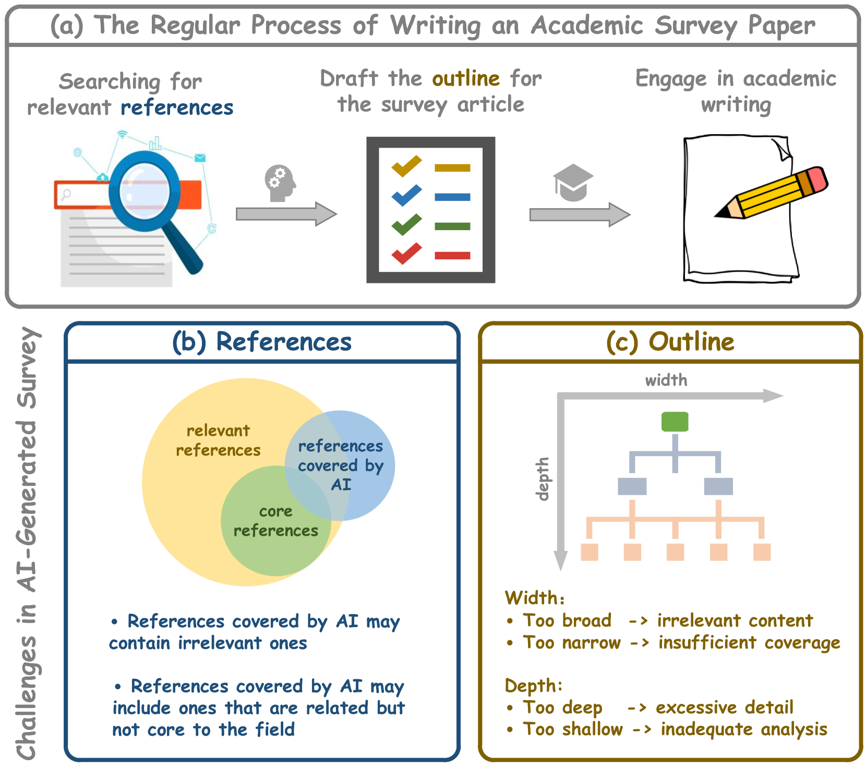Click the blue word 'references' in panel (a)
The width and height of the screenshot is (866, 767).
pyautogui.click(x=177, y=108)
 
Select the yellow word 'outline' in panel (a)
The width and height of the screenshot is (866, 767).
pyautogui.click(x=466, y=79)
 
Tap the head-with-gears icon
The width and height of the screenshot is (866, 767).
pyautogui.click(x=280, y=183)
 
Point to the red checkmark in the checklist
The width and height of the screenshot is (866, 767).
pyautogui.click(x=406, y=254)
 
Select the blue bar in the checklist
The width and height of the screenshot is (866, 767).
pyautogui.click(x=452, y=197)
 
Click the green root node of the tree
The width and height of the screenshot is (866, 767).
pyautogui.click(x=675, y=422)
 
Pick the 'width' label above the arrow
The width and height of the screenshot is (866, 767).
pyautogui.click(x=666, y=380)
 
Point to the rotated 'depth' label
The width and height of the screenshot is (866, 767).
pyautogui.click(x=543, y=478)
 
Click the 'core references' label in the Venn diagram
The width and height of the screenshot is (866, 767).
pyautogui.click(x=275, y=521)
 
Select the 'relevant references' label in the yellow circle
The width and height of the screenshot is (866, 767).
pyautogui.click(x=218, y=440)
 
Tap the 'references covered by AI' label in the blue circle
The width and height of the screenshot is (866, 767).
pyautogui.click(x=341, y=465)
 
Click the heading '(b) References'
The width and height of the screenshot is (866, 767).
pyautogui.click(x=262, y=342)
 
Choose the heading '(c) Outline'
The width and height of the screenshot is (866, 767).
pyautogui.click(x=670, y=342)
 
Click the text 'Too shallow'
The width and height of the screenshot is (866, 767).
pyautogui.click(x=573, y=729)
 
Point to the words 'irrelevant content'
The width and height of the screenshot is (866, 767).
pyautogui.click(x=735, y=620)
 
